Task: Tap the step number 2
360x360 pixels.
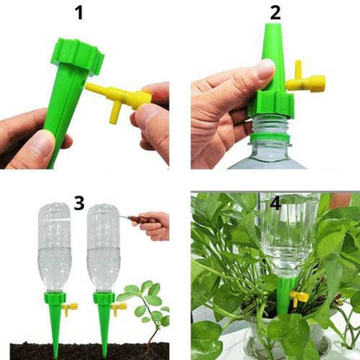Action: point(275,13)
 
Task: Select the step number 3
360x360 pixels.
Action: point(79,204)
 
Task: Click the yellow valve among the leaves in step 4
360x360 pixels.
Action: point(299,299)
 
